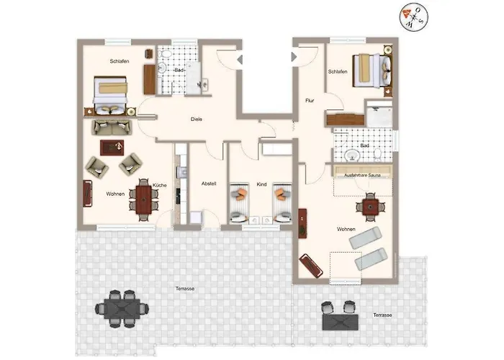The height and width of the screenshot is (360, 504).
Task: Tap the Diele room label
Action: [x=196, y=119]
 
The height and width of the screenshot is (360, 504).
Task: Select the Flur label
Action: [x=310, y=101]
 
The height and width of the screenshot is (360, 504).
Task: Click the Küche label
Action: [x=159, y=186]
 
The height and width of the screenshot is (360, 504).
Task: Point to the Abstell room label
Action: [x=209, y=183]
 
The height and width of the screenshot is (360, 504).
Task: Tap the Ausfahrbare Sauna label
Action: [x=361, y=175]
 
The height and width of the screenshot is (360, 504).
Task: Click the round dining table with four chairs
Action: [x=371, y=207]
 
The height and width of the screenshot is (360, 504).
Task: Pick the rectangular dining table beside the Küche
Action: [x=142, y=202]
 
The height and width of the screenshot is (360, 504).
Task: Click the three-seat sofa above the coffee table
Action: [x=112, y=127]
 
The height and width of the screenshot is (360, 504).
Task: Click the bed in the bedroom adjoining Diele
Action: [x=111, y=94]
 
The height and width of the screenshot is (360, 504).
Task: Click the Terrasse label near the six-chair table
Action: [x=185, y=289]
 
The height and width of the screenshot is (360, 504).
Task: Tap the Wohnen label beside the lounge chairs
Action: [x=346, y=229]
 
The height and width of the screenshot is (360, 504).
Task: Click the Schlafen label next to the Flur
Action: [x=338, y=72]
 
